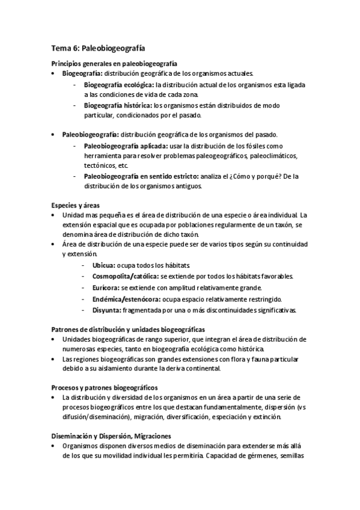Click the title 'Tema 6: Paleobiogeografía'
98,48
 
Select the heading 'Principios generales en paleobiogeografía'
113,64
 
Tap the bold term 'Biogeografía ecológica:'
118,85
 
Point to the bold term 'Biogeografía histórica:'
117,105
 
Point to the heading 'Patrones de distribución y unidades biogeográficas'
128,329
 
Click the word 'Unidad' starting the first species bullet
73,215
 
